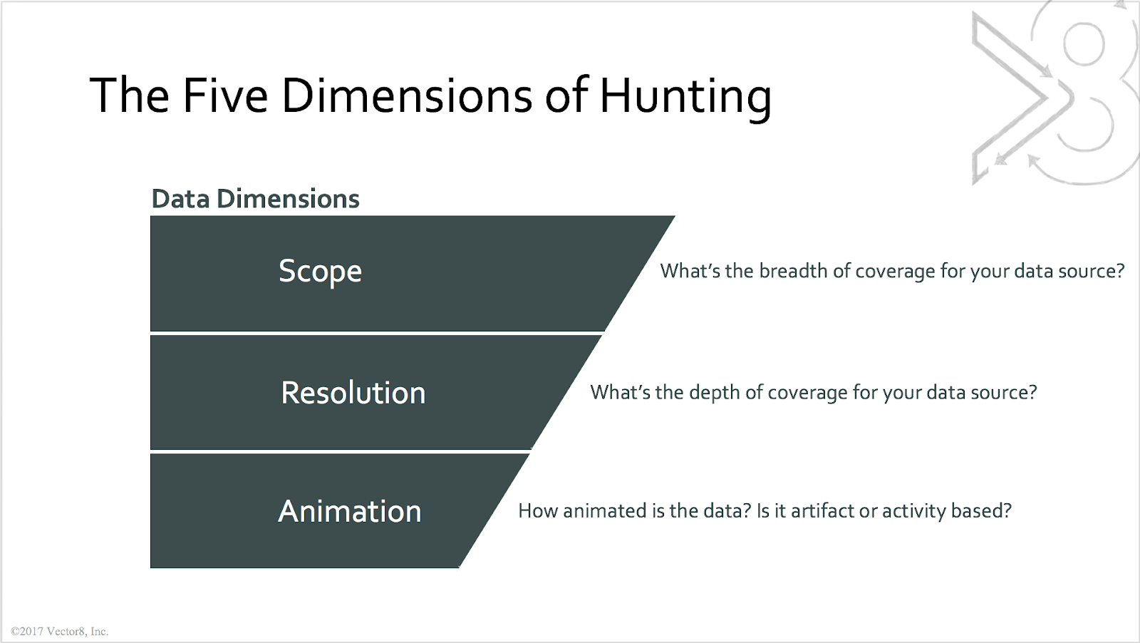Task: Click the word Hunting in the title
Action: [685, 96]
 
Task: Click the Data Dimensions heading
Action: [255, 199]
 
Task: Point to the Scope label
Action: [320, 272]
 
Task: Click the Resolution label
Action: [353, 393]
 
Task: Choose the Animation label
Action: [349, 511]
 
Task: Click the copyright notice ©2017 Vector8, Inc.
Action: [60, 632]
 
